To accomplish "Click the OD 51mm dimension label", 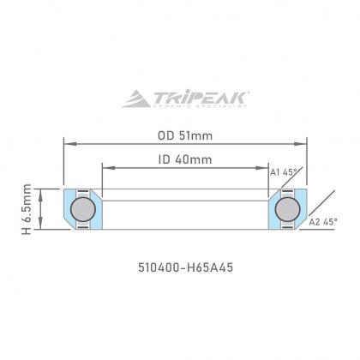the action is [x=185, y=135].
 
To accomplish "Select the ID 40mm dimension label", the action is [x=185, y=159].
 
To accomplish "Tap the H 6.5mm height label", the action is [x=27, y=209].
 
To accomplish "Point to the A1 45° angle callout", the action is [x=284, y=172].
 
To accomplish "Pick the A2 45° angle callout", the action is [x=323, y=221].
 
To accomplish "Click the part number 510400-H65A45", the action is [x=186, y=267].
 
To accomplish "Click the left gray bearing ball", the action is [x=83, y=209].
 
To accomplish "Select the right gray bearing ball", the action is [x=287, y=209].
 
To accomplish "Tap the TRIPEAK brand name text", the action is [x=200, y=98].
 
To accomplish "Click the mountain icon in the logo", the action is [x=137, y=99].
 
